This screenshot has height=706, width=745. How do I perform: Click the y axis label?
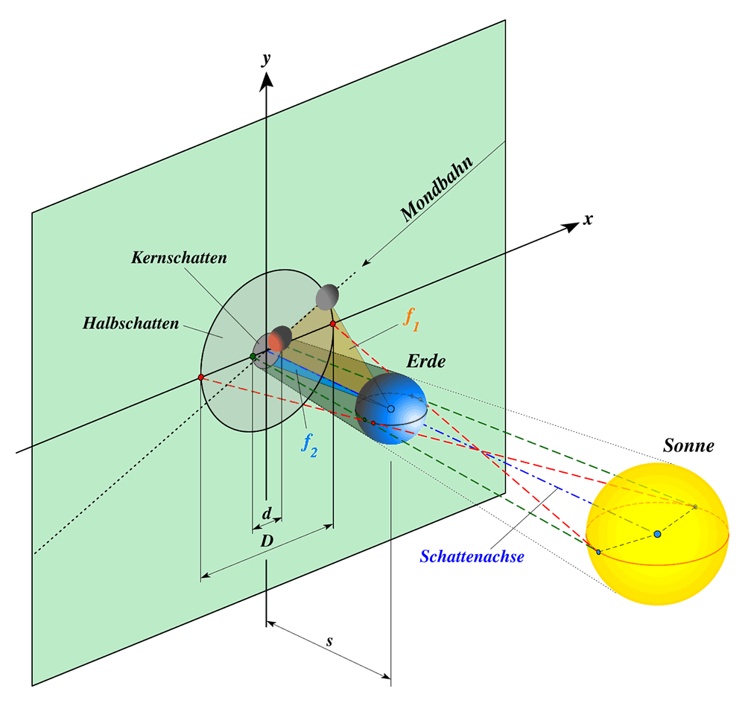point(265,60)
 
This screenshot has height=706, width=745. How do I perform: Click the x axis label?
point(589,220)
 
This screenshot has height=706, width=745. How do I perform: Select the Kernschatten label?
point(179,258)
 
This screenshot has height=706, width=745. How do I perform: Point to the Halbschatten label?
point(130,323)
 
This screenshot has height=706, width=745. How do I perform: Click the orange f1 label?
point(410,318)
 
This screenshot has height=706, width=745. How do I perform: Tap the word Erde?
point(425,362)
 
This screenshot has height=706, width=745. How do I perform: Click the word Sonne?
point(688,446)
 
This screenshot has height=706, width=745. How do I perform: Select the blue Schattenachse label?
point(472,556)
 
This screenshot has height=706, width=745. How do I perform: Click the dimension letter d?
point(267,513)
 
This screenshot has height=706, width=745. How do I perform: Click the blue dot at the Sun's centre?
point(657,534)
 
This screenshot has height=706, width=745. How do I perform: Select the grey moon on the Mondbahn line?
point(327,296)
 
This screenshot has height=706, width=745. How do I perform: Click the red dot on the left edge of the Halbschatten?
point(201,378)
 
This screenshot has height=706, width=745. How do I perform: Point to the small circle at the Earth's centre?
point(390,409)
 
